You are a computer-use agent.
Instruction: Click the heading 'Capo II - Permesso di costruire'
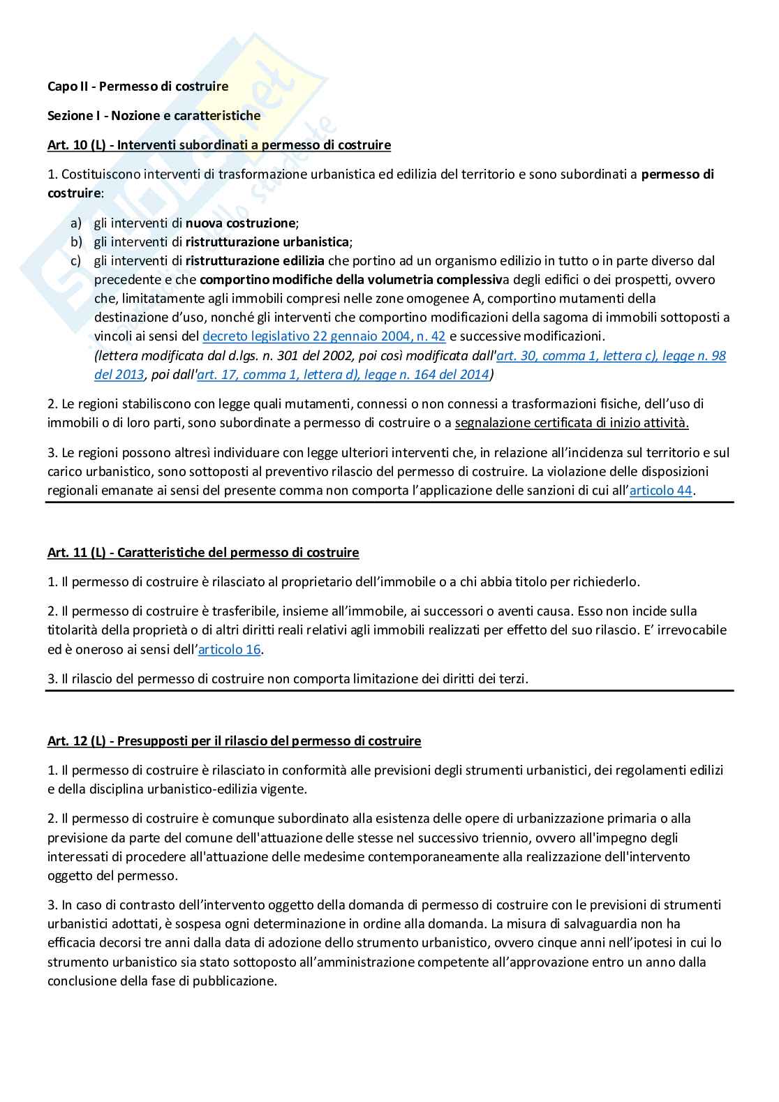(x=138, y=87)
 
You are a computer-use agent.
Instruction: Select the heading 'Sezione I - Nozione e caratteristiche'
(x=154, y=116)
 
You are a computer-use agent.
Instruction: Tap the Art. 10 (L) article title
(x=218, y=145)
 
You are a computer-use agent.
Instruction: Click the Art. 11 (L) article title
(x=202, y=553)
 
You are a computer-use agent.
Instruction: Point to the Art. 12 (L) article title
(x=234, y=741)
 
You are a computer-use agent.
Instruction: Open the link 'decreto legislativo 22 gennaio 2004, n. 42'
(x=324, y=336)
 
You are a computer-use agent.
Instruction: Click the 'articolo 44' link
(x=660, y=491)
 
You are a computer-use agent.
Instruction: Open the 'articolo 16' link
(x=229, y=650)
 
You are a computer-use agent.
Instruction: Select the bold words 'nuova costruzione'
(x=240, y=223)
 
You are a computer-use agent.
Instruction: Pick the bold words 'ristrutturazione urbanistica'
(x=267, y=242)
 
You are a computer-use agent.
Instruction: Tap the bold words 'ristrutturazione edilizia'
(x=255, y=261)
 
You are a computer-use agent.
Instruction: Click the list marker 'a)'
(x=76, y=223)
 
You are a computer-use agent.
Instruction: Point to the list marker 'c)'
(x=76, y=261)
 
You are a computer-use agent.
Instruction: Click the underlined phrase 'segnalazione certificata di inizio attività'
(x=571, y=423)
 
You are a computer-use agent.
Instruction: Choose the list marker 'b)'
(x=76, y=242)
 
